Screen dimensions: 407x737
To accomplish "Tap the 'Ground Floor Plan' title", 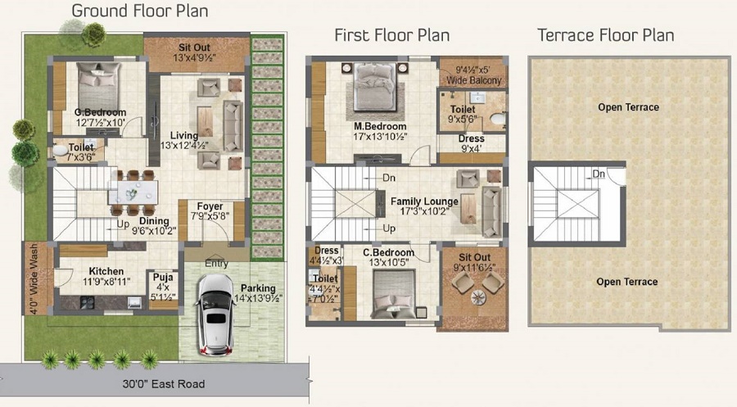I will (x=139, y=11).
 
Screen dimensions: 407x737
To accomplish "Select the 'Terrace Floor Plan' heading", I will (x=605, y=34).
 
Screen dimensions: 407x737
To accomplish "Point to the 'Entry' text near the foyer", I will (x=217, y=263).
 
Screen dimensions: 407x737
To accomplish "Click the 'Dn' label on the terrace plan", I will (x=599, y=174).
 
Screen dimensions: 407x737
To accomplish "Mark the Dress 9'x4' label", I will (x=471, y=143).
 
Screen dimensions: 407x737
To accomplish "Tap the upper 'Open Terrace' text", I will (x=627, y=107).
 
